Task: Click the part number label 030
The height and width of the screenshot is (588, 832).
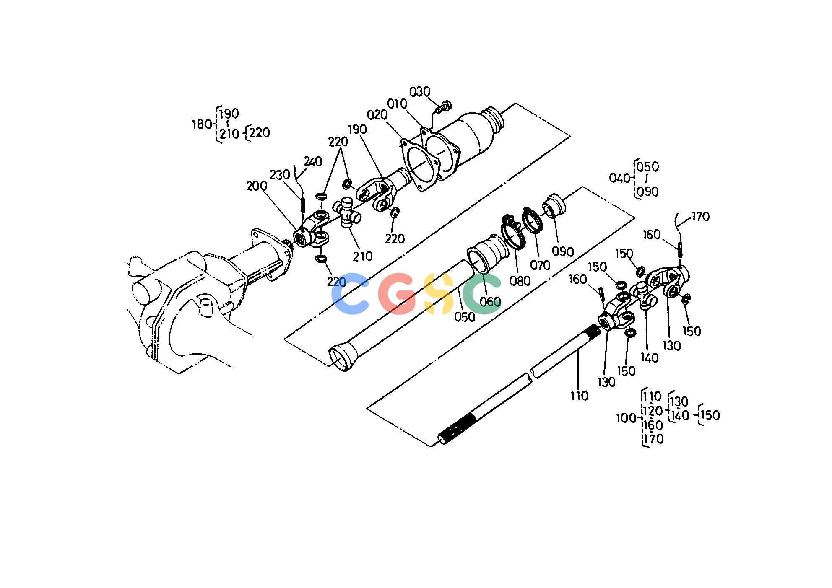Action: tap(420, 91)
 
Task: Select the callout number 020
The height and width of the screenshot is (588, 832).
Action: tap(377, 115)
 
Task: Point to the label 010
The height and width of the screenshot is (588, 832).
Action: tap(397, 104)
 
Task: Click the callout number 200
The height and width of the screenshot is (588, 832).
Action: tap(257, 186)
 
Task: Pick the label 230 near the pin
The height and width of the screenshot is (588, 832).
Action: tap(280, 174)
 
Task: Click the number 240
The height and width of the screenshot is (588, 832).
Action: tap(313, 161)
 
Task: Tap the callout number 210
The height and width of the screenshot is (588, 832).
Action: tap(363, 256)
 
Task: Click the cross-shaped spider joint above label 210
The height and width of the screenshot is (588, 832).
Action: tap(347, 213)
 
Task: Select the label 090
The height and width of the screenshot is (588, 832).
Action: tap(563, 251)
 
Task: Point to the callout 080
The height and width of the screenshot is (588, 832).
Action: tap(520, 281)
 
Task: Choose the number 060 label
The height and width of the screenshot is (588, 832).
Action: tap(490, 301)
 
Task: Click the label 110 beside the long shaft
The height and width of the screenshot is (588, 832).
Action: tap(579, 395)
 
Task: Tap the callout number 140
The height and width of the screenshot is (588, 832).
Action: tap(649, 357)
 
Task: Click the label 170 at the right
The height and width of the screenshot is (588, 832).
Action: tap(700, 217)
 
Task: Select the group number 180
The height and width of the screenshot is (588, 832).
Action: tap(202, 124)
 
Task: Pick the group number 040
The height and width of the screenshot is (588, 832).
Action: tap(619, 178)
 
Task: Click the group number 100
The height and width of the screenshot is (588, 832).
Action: tap(626, 418)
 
